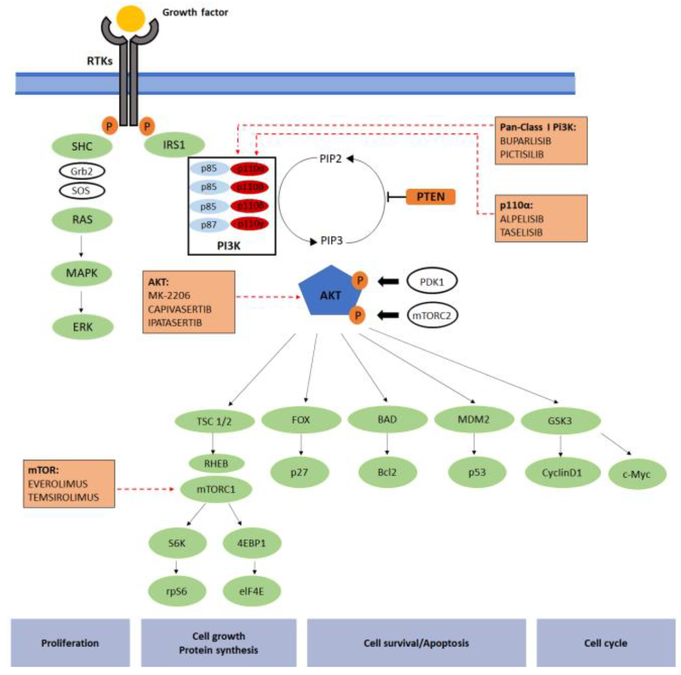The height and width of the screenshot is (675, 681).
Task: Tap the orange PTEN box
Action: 430,197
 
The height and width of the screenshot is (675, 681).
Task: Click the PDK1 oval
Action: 432,282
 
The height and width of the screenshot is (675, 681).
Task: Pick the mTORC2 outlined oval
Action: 432,315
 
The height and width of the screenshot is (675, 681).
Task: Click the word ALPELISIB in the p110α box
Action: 522,219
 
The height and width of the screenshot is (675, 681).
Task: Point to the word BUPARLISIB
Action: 525,141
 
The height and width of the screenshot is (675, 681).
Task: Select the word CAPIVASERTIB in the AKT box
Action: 180,309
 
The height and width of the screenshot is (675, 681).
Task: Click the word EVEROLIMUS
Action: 58,484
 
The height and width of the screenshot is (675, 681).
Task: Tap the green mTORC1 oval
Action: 216,489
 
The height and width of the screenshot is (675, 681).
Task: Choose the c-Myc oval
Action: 637,474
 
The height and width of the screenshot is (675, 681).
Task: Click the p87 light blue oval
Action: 209,225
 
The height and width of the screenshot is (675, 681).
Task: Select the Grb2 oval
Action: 82,171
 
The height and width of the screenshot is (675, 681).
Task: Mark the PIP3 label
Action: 331,241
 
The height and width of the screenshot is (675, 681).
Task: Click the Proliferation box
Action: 70,643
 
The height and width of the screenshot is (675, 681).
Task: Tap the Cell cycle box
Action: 606,643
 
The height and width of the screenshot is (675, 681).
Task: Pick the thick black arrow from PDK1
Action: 388,282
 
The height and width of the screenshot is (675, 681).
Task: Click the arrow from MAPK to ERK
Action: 81,301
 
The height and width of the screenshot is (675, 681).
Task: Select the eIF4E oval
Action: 251,591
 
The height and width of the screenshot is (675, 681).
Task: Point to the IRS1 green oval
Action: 174,145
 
